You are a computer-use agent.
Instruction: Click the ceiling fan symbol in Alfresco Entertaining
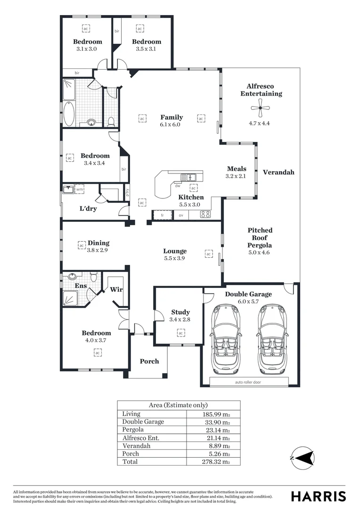(260, 109)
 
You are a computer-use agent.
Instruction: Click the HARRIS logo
(318, 496)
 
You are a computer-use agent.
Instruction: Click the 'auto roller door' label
(248, 382)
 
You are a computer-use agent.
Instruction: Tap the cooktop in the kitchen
(205, 214)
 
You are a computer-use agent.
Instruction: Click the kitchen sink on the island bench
(192, 178)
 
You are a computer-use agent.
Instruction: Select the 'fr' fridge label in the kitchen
(163, 215)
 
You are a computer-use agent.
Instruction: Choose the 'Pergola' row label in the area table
(133, 429)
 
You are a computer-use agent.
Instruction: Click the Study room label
(180, 312)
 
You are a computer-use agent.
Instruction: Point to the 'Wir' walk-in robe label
(116, 289)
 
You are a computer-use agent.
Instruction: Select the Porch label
(149, 361)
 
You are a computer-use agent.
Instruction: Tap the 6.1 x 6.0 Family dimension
(171, 124)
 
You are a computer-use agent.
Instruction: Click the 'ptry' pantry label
(127, 192)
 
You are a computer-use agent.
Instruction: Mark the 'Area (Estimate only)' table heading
(178, 405)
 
